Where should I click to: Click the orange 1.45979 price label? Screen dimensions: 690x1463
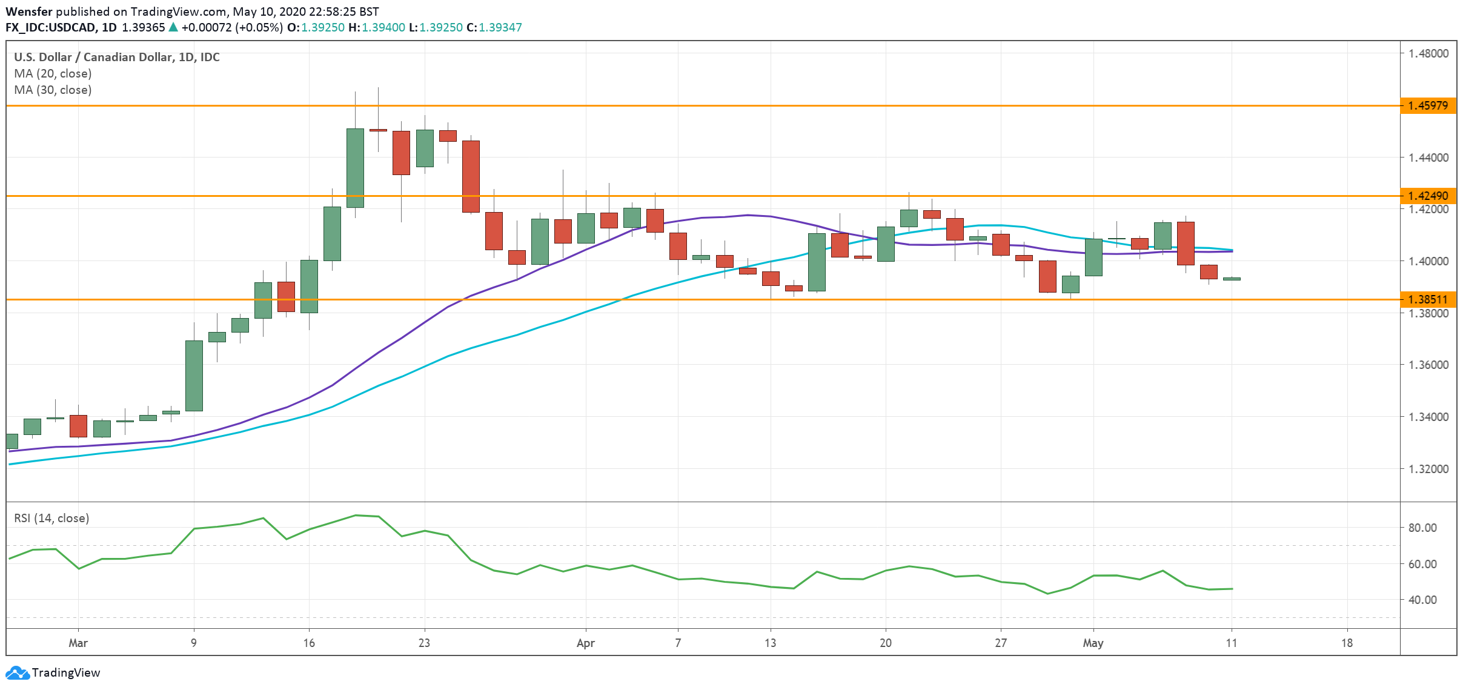[1428, 106]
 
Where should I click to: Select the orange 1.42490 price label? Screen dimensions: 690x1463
[1428, 196]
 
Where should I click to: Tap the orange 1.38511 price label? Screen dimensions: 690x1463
[1428, 299]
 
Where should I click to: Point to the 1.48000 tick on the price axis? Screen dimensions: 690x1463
[1428, 53]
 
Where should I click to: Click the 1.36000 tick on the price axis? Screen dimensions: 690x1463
[1428, 365]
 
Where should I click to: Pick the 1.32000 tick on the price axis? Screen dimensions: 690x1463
[1428, 469]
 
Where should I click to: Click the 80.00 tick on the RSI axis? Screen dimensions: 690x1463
[1422, 528]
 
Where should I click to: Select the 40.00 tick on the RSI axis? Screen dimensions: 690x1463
[1422, 600]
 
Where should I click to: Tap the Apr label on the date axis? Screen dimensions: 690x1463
[585, 643]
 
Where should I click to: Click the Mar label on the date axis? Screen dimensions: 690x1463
[78, 643]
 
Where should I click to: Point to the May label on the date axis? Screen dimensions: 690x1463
[1093, 643]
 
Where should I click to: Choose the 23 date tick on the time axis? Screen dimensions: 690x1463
[424, 643]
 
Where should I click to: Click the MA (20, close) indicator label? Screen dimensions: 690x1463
[53, 73]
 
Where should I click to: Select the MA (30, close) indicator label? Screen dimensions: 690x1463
[53, 90]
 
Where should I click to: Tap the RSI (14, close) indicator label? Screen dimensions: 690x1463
[51, 518]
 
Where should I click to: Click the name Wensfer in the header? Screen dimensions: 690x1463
[28, 12]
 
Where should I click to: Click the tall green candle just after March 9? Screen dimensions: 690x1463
[194, 376]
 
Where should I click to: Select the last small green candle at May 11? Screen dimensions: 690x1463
[1232, 279]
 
